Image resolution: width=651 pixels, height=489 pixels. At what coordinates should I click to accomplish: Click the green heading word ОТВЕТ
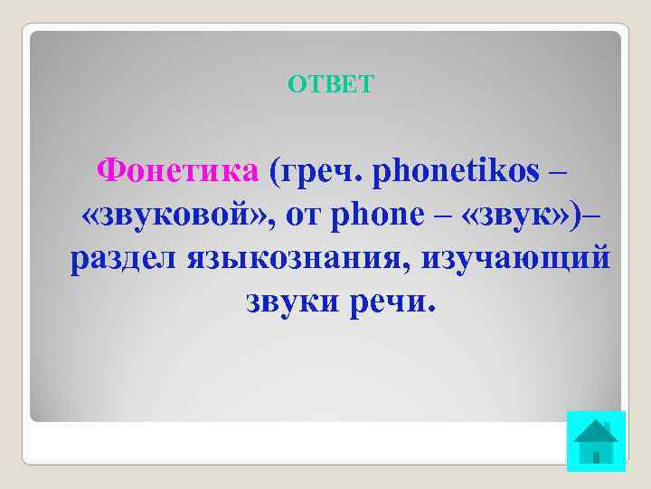[329, 85]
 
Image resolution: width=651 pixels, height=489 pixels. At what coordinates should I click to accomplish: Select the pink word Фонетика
[178, 169]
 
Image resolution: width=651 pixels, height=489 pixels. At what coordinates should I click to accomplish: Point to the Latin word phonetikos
[461, 169]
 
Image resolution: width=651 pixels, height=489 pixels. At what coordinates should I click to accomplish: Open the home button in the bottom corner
[596, 440]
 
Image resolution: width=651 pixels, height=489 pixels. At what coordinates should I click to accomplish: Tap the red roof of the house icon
[596, 428]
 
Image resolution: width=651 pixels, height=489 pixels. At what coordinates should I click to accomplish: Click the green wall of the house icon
[596, 451]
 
